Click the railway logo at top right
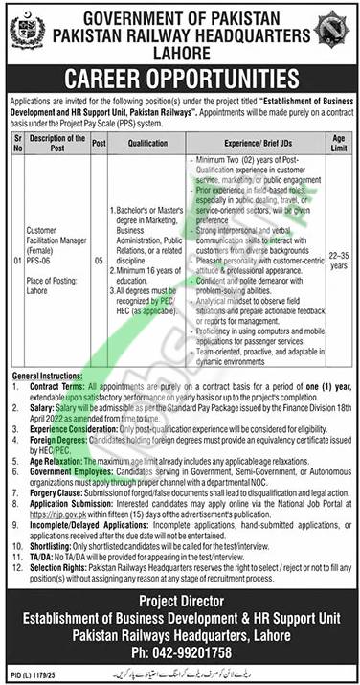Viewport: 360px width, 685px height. [x=334, y=30]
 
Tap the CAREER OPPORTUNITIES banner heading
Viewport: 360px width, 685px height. [x=179, y=76]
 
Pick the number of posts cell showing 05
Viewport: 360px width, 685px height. [x=99, y=257]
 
